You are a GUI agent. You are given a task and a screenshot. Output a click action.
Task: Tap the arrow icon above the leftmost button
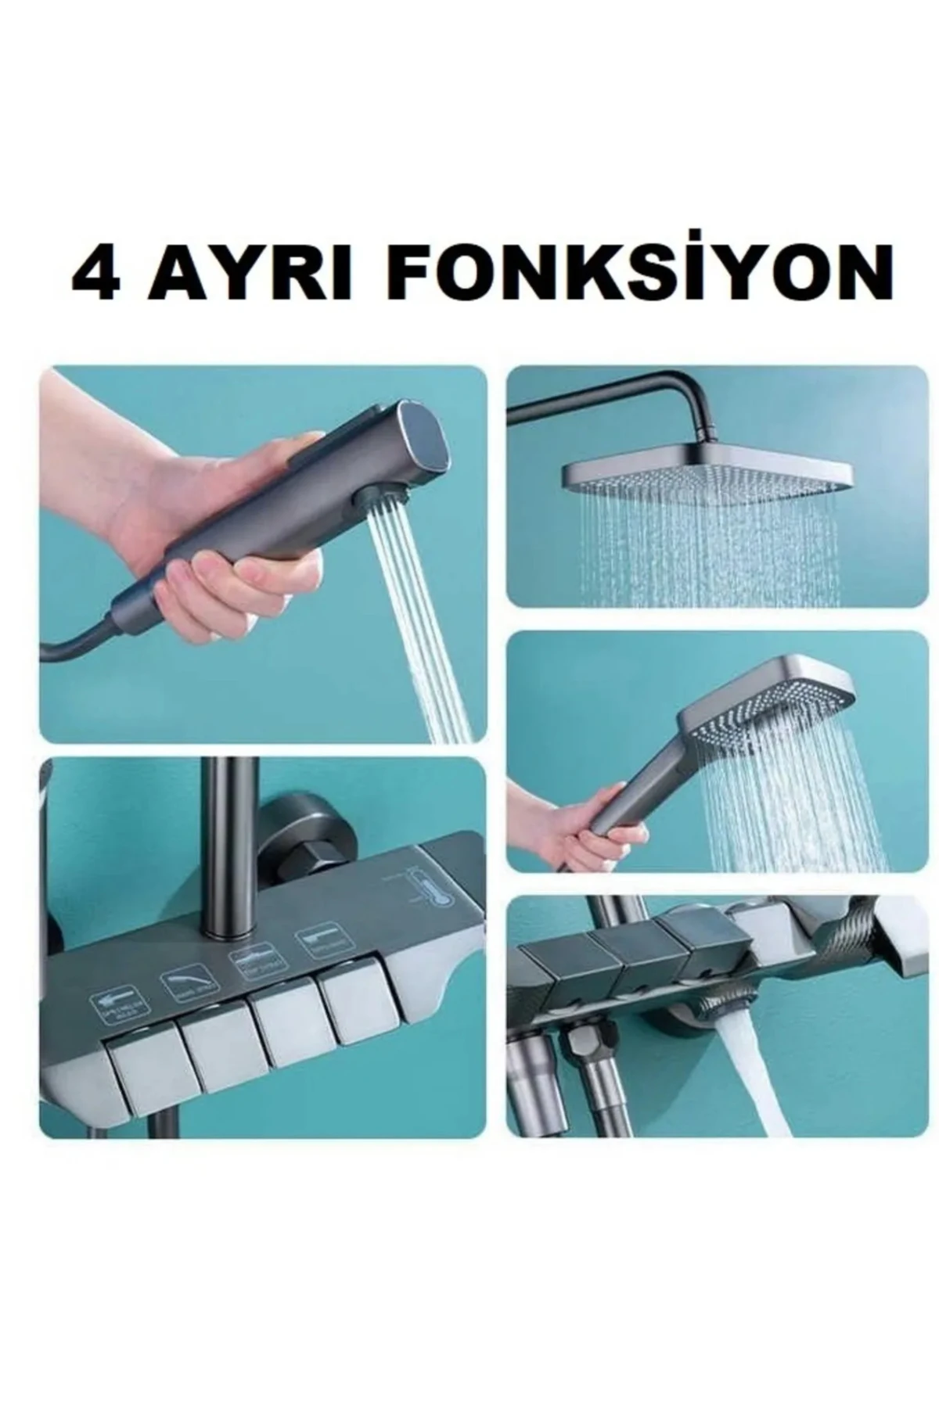[x=113, y=1004]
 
